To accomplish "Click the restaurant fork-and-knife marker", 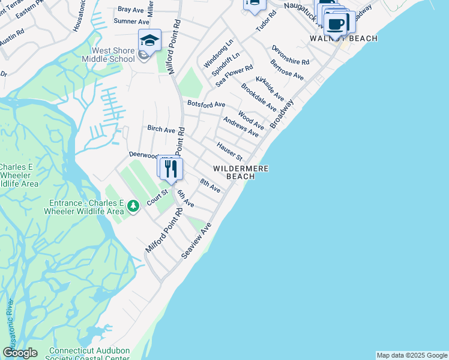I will coord(172,168).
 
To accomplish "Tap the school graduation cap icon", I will coord(149,40).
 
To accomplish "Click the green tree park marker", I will coord(133,207).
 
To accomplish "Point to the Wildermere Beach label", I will coord(240,172).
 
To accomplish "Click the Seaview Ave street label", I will coord(197,242).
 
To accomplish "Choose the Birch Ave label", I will coord(161,129).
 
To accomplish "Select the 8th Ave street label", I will coord(210,186).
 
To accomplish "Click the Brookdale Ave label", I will coord(258,97).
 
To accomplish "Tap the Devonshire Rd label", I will coord(290,55).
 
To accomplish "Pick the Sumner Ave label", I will coord(131,21).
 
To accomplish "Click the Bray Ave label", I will coord(130,9).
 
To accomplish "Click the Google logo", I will coord(20,353).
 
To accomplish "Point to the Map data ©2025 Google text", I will coord(412,355).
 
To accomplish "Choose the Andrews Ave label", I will coord(241,127).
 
